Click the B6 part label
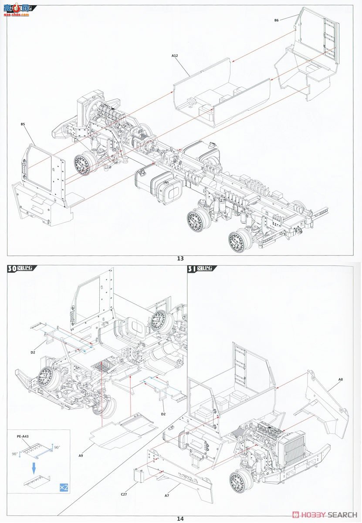(276, 20)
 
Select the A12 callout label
(175, 56)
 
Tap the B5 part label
(23, 124)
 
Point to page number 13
(180, 258)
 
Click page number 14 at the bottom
(180, 518)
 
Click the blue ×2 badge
(63, 487)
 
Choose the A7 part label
(166, 496)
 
